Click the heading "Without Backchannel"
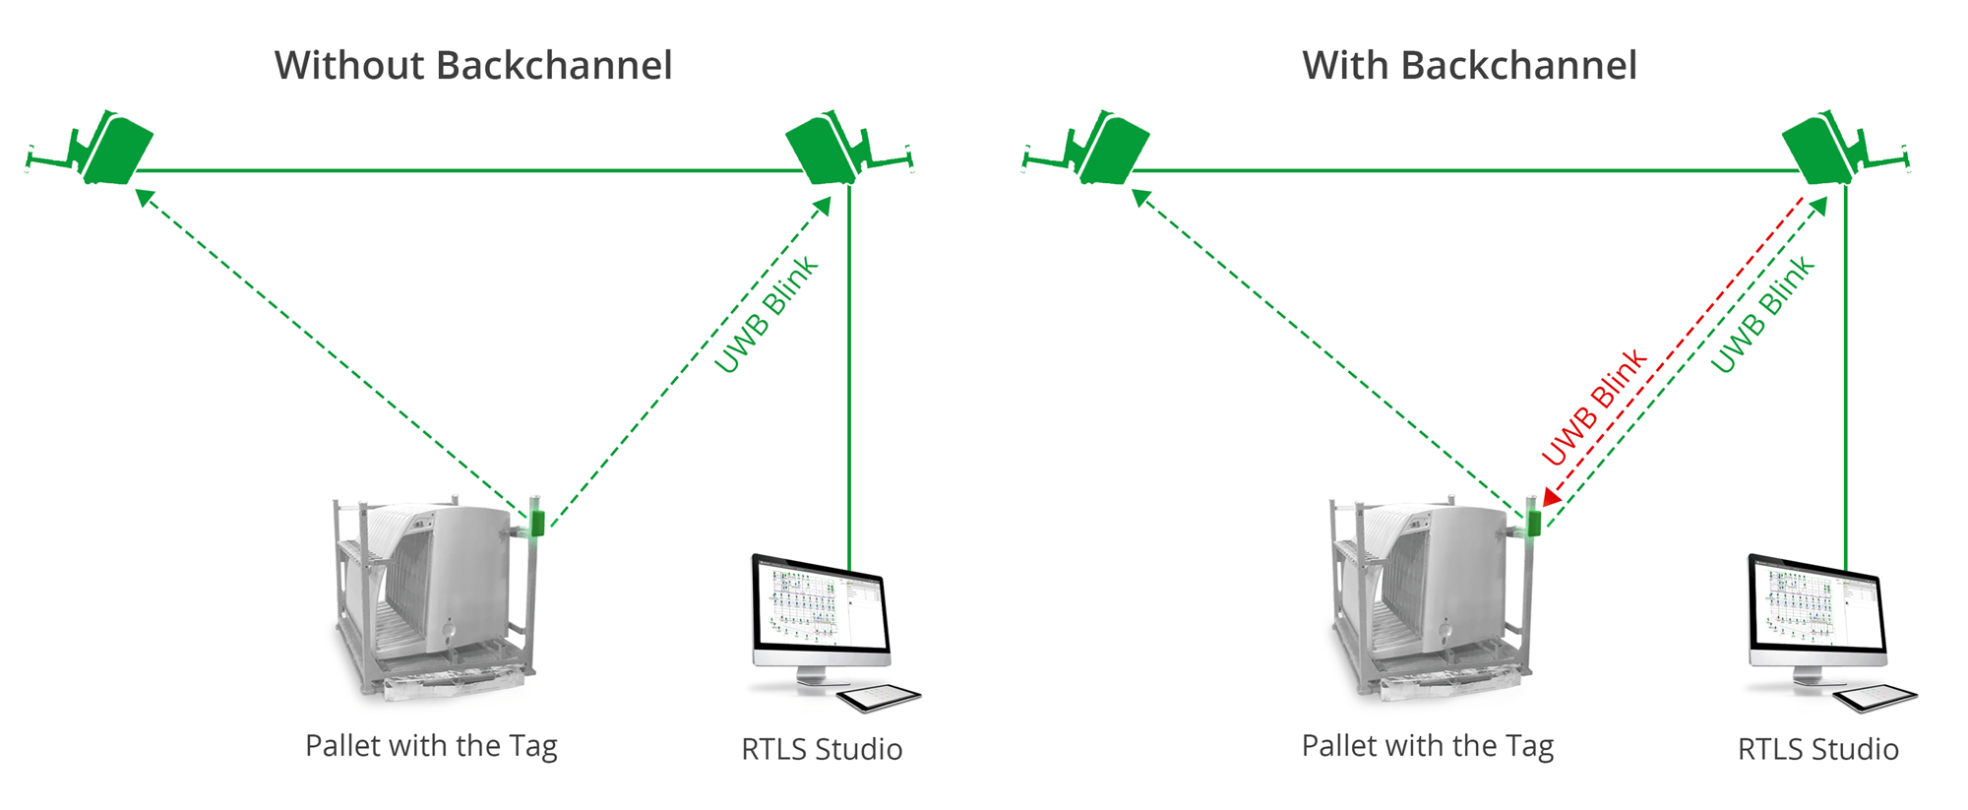pyautogui.click(x=473, y=66)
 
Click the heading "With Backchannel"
pyautogui.click(x=1469, y=66)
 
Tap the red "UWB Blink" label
pyautogui.click(x=1593, y=405)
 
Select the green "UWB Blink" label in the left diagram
pyautogui.click(x=766, y=315)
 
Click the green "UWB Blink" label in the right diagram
pyautogui.click(x=1762, y=315)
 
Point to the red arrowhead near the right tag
pyautogui.click(x=1552, y=498)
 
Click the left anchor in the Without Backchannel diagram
pyautogui.click(x=116, y=150)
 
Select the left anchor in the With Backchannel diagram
pyautogui.click(x=1113, y=150)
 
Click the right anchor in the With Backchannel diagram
pyautogui.click(x=1821, y=150)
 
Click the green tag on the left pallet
pyautogui.click(x=537, y=523)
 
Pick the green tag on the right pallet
pyautogui.click(x=1533, y=523)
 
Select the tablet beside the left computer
pyautogui.click(x=879, y=698)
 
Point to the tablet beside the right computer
pyautogui.click(x=1876, y=698)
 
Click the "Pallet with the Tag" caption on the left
pyautogui.click(x=431, y=746)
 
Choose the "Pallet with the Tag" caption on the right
pyautogui.click(x=1428, y=746)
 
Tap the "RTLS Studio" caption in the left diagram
pyautogui.click(x=822, y=749)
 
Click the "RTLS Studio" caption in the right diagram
pyautogui.click(x=1818, y=749)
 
